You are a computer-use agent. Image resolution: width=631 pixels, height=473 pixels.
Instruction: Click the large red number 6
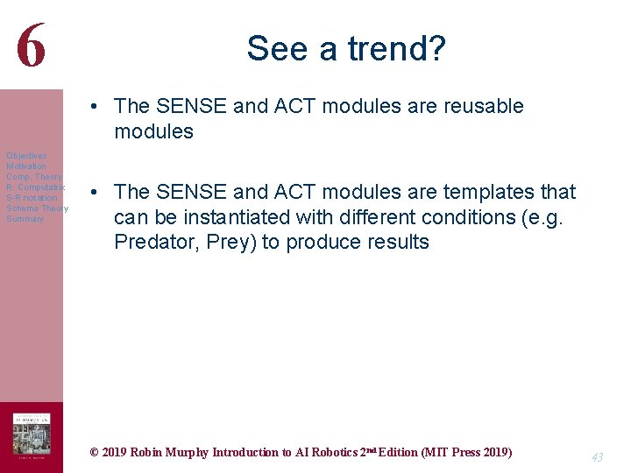pos(31,46)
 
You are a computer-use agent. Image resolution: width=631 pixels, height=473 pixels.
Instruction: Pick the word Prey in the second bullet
pos(230,243)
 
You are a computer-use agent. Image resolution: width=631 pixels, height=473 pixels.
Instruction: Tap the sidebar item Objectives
pos(26,156)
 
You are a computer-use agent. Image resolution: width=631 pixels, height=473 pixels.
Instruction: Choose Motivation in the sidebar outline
pos(26,166)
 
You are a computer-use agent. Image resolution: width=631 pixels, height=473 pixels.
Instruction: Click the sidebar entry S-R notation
pos(32,198)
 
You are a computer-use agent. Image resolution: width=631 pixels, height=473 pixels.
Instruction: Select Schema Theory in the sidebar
pos(37,208)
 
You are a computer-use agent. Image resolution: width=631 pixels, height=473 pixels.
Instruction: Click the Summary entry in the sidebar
pos(25,219)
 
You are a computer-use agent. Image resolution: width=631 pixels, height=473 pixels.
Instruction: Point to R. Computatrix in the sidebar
pos(35,187)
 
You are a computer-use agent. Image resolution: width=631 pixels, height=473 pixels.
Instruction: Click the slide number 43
pos(596,457)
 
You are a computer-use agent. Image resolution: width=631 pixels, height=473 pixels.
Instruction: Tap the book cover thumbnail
pos(32,435)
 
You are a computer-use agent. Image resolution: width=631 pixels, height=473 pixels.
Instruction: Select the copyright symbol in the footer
pos(95,453)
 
